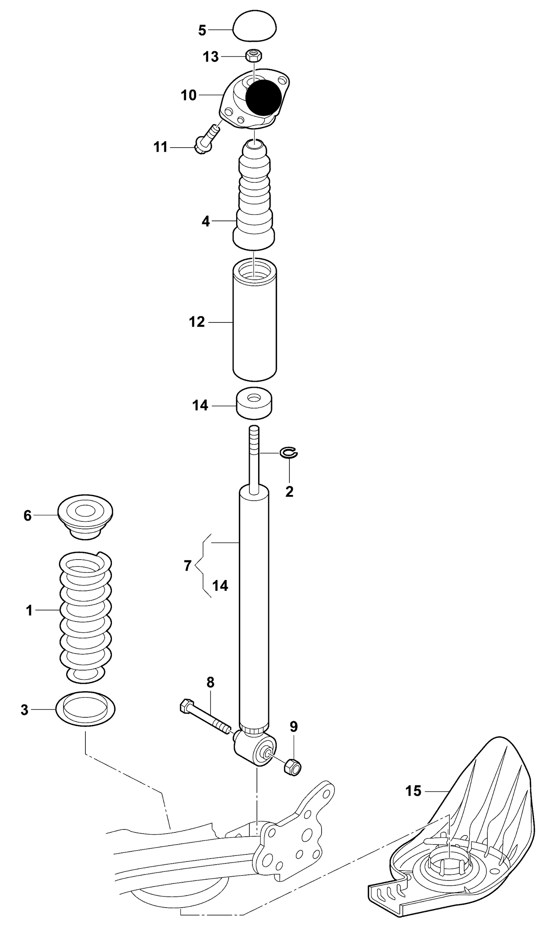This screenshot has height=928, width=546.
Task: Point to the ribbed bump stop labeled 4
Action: tap(254, 196)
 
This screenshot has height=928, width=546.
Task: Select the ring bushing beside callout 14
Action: tap(255, 403)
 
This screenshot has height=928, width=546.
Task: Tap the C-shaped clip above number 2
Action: tap(289, 453)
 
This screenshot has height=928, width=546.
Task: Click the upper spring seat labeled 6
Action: tap(85, 516)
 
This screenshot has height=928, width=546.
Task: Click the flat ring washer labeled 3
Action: tap(85, 709)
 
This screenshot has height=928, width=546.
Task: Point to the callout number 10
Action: tap(189, 95)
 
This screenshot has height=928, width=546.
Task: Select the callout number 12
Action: tap(196, 322)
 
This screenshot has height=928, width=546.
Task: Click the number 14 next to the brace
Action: tap(220, 586)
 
